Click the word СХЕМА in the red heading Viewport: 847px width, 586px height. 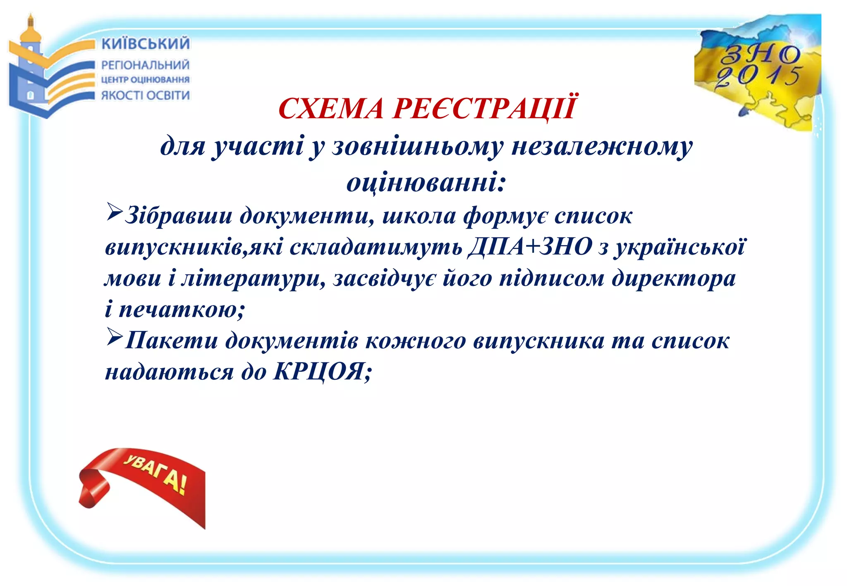click(x=331, y=109)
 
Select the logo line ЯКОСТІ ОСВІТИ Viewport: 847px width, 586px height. click(x=146, y=95)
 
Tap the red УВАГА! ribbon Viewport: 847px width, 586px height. click(x=145, y=484)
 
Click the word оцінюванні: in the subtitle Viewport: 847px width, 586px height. click(x=426, y=183)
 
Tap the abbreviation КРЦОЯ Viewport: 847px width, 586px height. click(x=318, y=372)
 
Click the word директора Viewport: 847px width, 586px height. click(x=674, y=278)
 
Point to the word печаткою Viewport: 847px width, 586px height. click(x=177, y=309)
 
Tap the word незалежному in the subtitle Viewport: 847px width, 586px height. click(x=602, y=147)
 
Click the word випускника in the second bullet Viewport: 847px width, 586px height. click(x=538, y=341)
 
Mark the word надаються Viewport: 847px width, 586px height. click(x=169, y=372)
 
